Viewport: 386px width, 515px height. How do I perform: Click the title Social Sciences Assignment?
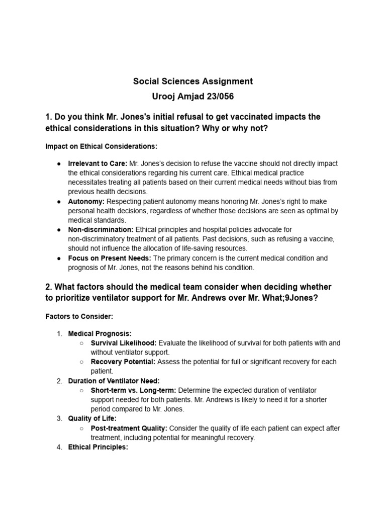[192, 81]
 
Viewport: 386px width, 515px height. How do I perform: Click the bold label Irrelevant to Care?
[98, 163]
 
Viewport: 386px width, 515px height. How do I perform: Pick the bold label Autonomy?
[86, 201]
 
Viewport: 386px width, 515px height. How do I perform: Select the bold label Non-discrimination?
[101, 229]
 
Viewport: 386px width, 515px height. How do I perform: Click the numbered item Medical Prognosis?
[100, 333]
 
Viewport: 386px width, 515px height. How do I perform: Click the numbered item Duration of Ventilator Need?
[114, 381]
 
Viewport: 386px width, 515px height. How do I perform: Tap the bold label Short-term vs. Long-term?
[133, 390]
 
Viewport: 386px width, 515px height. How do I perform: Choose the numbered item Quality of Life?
[92, 418]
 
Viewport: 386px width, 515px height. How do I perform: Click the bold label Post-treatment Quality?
[129, 428]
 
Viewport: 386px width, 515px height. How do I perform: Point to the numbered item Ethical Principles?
[98, 447]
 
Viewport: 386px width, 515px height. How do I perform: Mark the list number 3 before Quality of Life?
[59, 418]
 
